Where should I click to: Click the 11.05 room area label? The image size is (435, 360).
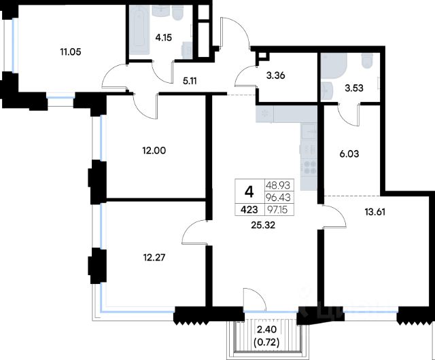click(71, 52)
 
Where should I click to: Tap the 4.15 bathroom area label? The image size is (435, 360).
click(163, 37)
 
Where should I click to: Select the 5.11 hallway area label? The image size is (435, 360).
click(190, 81)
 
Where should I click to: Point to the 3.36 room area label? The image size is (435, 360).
click(275, 75)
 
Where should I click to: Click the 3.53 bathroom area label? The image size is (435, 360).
click(354, 88)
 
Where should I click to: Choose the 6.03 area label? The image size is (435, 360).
click(349, 154)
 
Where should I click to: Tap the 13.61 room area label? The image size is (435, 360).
click(375, 212)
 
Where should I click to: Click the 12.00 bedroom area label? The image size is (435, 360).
click(154, 151)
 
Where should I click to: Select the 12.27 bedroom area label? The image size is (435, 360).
click(154, 257)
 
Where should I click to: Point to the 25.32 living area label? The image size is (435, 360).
click(263, 226)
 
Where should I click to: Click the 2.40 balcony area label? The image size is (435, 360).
click(266, 329)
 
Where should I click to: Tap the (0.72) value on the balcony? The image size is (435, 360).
click(266, 343)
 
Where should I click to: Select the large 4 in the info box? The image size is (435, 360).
click(249, 192)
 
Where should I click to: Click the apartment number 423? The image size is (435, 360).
click(249, 210)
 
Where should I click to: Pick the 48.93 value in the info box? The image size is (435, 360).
click(278, 185)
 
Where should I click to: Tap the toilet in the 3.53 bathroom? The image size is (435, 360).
click(367, 61)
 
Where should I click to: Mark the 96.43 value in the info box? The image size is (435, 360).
click(278, 198)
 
